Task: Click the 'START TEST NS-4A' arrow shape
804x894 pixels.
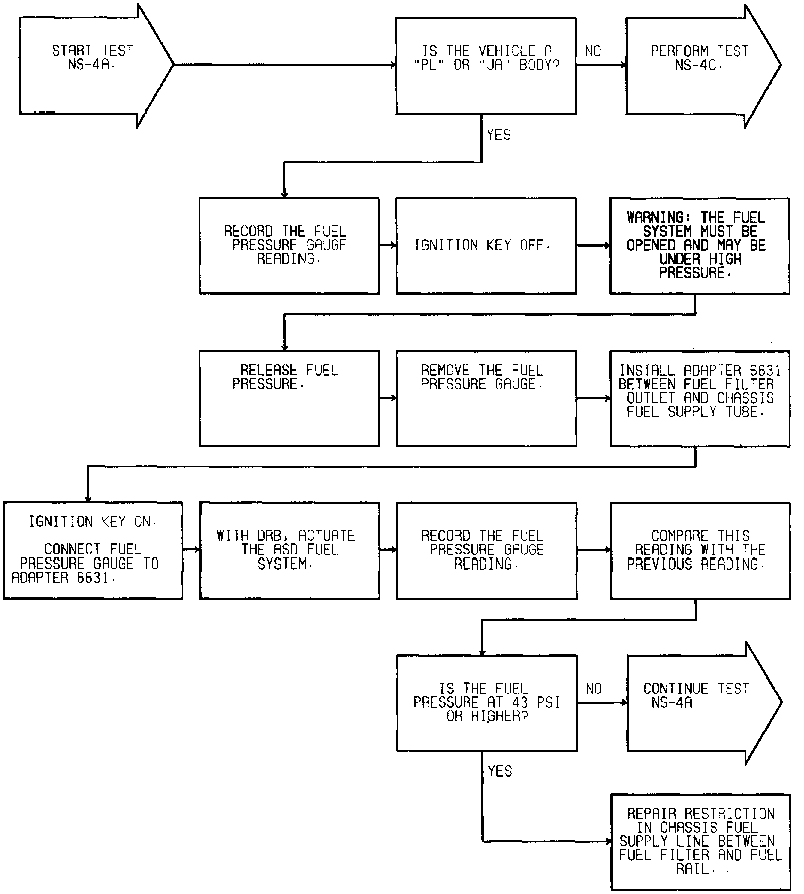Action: [93, 65]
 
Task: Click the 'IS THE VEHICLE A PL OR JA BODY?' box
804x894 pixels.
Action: [486, 65]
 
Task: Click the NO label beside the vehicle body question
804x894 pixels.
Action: [593, 51]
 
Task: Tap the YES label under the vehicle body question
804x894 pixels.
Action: [498, 135]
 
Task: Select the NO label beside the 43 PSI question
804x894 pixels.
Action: [594, 689]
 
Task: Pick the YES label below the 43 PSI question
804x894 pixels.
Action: [499, 771]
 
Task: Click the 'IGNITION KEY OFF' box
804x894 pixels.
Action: [486, 246]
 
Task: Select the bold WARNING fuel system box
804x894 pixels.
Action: [699, 246]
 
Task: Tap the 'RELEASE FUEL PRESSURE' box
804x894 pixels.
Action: [289, 398]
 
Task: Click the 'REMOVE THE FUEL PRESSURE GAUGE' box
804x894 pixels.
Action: [486, 398]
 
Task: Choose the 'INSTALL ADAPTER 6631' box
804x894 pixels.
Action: [699, 398]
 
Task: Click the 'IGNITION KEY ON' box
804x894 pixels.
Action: [93, 550]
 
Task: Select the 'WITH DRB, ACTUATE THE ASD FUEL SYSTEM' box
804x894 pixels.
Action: [289, 550]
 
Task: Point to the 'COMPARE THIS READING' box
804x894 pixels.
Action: [700, 550]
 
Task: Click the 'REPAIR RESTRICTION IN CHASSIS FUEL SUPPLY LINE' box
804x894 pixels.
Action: [700, 841]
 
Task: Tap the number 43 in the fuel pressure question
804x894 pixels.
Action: [520, 702]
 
